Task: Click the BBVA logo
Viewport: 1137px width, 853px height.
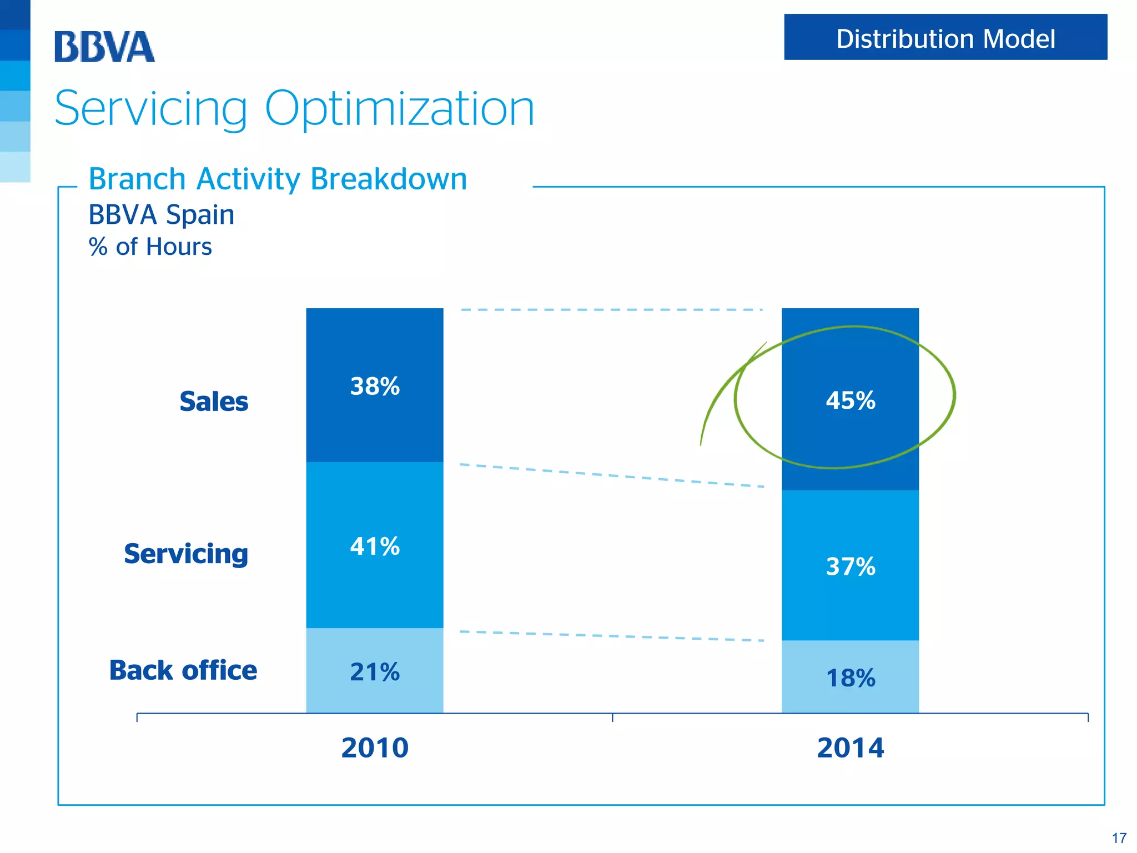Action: (x=104, y=47)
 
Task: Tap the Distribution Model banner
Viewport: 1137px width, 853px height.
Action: (x=945, y=38)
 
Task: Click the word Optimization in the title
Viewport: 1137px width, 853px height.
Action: (x=399, y=109)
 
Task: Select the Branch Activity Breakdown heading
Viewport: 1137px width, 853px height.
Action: (x=278, y=179)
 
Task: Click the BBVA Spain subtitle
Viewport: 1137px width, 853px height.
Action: (x=161, y=215)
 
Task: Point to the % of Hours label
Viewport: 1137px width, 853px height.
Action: (x=150, y=247)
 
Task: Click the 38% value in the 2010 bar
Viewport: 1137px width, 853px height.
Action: (x=375, y=387)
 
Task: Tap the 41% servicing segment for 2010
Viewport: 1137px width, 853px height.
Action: (x=375, y=546)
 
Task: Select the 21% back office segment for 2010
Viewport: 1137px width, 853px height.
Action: (x=375, y=672)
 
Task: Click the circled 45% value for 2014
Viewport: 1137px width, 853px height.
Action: (x=850, y=400)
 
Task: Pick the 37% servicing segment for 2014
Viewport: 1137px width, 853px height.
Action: (x=850, y=566)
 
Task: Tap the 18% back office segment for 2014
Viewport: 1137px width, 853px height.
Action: (x=850, y=678)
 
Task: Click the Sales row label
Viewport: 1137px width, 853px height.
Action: (x=214, y=402)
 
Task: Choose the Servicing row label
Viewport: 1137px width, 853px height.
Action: (x=186, y=554)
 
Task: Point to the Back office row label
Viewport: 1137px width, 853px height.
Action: (x=183, y=670)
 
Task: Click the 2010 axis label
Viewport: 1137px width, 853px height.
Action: (x=375, y=747)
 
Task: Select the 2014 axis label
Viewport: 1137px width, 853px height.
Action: (x=850, y=747)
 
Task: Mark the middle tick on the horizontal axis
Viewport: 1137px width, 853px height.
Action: (x=612, y=717)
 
